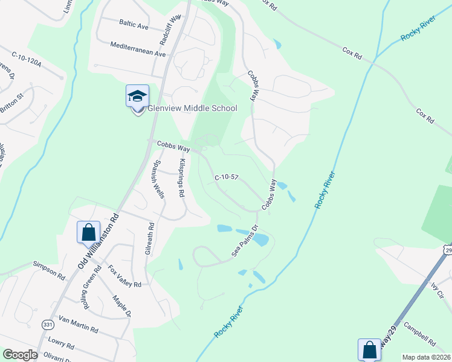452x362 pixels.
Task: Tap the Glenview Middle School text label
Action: [193, 109]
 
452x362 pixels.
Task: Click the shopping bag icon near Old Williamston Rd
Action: [88, 231]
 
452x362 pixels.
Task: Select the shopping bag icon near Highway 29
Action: [369, 349]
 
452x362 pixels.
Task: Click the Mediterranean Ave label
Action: [138, 49]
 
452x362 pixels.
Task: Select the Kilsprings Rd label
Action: [182, 179]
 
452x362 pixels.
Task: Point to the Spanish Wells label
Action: [158, 179]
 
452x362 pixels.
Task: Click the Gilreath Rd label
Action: [150, 239]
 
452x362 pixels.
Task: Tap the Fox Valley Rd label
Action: [124, 276]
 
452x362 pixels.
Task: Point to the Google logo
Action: [21, 355]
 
